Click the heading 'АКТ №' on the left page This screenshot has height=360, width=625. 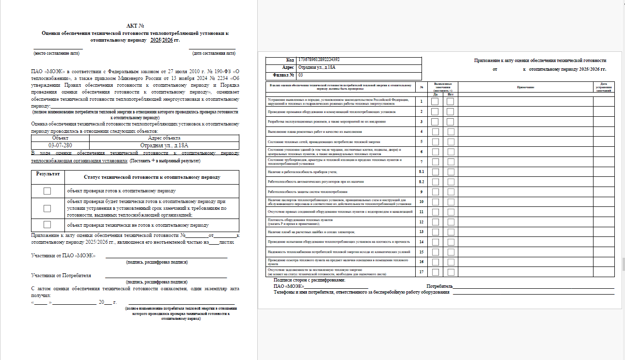click(x=135, y=26)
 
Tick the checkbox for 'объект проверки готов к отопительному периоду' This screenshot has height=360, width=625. click(x=47, y=191)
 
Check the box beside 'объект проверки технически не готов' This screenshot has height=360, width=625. click(x=47, y=225)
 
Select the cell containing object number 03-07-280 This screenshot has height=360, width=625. click(x=61, y=145)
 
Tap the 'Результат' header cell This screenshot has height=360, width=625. click(x=47, y=173)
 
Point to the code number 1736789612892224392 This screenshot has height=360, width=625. click(x=319, y=60)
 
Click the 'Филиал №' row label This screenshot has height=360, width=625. click(x=285, y=75)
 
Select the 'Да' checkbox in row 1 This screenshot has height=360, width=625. click(x=435, y=102)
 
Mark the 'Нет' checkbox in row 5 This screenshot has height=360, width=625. click(x=450, y=141)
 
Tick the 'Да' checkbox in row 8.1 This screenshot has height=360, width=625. click(x=435, y=172)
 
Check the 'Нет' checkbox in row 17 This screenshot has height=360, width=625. click(x=450, y=272)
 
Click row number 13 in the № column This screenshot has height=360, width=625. click(x=422, y=232)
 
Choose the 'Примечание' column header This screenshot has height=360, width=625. click(x=525, y=87)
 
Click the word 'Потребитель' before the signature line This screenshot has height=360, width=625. click(x=439, y=286)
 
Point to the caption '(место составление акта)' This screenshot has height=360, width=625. click(x=56, y=53)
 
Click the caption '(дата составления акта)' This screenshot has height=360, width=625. click(x=214, y=53)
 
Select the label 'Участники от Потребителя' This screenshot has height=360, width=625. click(x=61, y=275)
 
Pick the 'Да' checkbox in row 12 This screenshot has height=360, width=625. click(x=435, y=222)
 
